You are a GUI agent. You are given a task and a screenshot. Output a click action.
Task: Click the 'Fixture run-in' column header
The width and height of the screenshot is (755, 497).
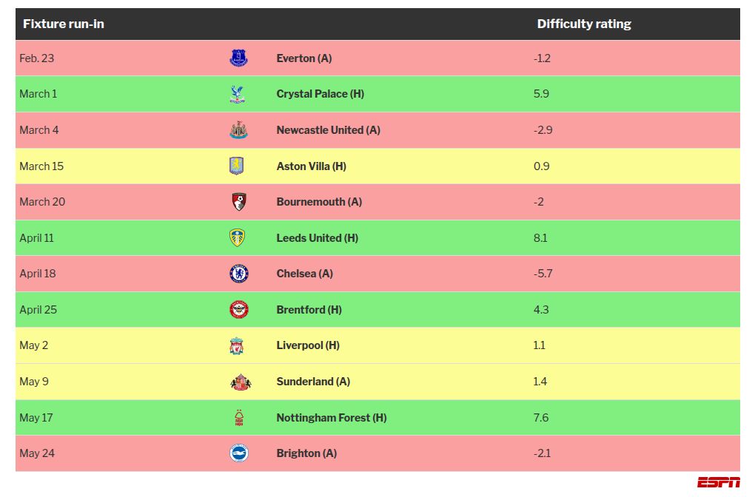[x=63, y=24]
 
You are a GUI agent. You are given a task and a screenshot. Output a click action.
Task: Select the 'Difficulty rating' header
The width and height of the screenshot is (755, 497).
[x=583, y=24]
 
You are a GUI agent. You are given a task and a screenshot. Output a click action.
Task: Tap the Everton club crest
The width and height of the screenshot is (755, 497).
[x=238, y=58]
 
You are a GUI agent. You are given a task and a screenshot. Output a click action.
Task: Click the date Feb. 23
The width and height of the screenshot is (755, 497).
[x=36, y=58]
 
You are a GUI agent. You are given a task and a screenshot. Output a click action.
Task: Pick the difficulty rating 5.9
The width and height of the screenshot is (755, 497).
[x=541, y=94]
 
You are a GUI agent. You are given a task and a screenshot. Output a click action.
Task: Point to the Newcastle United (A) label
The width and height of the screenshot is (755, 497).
[x=328, y=130]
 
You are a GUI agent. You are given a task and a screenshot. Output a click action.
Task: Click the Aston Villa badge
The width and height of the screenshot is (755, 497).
[x=237, y=166]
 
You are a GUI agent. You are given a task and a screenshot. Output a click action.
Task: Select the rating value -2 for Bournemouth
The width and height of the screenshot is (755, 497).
[x=538, y=202]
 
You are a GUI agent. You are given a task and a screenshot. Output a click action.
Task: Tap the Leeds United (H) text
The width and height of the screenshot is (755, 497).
[x=317, y=238]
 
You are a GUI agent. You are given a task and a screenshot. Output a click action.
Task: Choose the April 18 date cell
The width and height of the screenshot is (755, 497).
[x=37, y=274]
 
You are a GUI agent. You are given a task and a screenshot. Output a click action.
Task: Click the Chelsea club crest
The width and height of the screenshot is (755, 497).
[x=238, y=274]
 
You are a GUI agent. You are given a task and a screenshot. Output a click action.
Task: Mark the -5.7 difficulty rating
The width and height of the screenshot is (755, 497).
[x=543, y=274]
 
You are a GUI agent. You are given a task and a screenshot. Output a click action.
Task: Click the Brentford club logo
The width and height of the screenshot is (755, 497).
[x=238, y=310]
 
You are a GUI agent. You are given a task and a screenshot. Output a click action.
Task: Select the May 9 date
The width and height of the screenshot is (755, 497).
[x=34, y=382]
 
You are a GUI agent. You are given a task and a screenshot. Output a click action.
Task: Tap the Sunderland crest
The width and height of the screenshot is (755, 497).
[x=240, y=382]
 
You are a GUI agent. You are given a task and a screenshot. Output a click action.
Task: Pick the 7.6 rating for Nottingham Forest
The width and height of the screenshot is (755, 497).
[x=541, y=418]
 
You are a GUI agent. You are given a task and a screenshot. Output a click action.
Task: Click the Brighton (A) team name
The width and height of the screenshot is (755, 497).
[x=306, y=453]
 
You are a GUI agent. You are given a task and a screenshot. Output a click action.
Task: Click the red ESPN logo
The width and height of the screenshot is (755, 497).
[x=718, y=482]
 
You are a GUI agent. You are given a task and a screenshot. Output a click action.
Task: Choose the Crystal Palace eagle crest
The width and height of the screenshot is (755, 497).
[x=238, y=94]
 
